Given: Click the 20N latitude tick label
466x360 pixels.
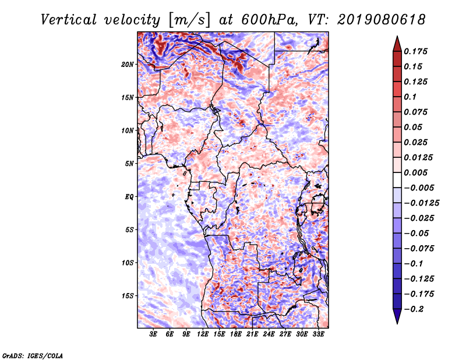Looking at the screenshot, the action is [128, 64].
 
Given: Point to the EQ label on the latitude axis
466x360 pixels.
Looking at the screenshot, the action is [129, 197].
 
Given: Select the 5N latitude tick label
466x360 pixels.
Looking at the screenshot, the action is [129, 164].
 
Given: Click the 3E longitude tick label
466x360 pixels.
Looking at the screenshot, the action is [153, 334].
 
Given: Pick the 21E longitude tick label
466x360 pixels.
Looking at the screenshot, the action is [252, 334].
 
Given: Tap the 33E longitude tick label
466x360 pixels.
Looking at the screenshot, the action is [318, 334].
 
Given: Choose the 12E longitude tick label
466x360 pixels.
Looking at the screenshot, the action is [203, 334].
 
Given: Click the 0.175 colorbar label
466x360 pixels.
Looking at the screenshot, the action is [416, 51].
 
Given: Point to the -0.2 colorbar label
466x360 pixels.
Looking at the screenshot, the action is [414, 309].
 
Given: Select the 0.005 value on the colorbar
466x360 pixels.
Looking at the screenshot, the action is [416, 172].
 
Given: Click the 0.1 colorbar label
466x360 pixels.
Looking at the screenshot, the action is [411, 97].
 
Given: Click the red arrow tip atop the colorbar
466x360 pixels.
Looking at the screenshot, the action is [397, 36].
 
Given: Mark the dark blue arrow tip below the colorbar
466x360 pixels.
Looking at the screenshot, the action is [397, 324].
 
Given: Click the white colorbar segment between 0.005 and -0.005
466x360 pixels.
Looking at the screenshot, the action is [397, 180].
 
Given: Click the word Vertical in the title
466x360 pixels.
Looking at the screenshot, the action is [69, 20].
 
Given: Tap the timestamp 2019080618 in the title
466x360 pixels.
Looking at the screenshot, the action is [382, 20].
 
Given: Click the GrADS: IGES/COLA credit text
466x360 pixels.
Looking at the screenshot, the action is [33, 355].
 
